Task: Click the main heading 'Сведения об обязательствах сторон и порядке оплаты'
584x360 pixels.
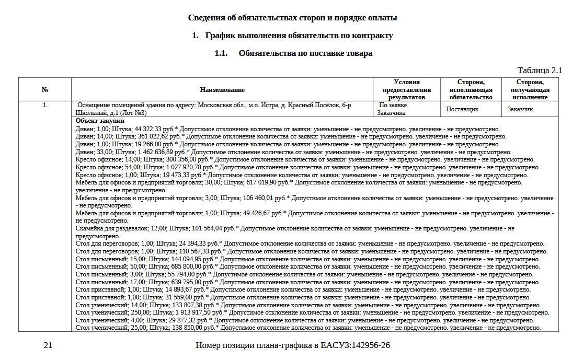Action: (x=292, y=18)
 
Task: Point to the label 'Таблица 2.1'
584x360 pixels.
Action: (x=540, y=70)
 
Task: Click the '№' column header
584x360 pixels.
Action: (x=45, y=90)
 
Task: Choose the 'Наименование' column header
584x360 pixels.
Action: (x=222, y=90)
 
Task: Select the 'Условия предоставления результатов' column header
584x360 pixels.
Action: (x=406, y=89)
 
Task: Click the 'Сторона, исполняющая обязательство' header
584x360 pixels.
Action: (x=471, y=89)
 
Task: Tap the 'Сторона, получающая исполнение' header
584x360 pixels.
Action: (x=530, y=89)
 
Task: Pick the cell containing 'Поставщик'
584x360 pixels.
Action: (x=462, y=109)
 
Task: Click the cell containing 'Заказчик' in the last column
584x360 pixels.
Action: (x=520, y=109)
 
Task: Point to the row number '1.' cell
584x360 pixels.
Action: (x=45, y=105)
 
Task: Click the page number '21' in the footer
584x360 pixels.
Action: (x=48, y=345)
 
